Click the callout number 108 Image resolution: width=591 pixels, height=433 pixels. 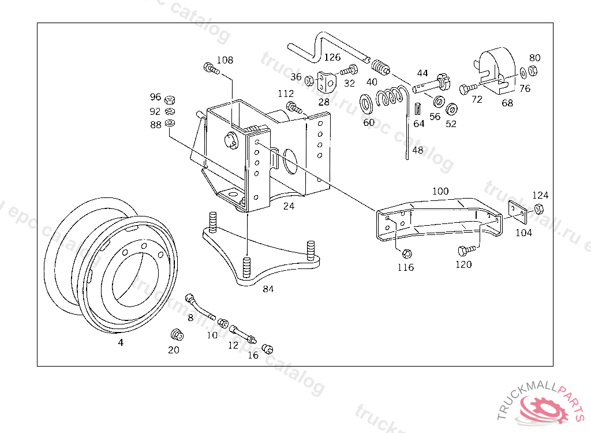pos(225,60)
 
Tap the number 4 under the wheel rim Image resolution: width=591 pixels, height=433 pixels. pos(121,342)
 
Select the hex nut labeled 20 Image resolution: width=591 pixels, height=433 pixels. pos(176,334)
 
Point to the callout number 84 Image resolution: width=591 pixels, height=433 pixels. pos(268,289)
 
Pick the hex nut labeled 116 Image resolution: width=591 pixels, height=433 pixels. pos(406,253)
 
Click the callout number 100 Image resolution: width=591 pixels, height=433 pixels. pos(440,191)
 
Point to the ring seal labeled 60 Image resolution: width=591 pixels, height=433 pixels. pos(366,104)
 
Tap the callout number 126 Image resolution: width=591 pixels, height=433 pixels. pos(332,57)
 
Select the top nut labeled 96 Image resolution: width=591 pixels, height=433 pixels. pos(170,99)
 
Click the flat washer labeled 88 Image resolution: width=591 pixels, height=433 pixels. pos(170,124)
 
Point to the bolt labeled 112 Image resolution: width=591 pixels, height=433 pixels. pos(294,107)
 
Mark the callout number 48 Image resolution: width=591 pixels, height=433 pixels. pos(417,150)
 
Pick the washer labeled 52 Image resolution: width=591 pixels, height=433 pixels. pos(452,109)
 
